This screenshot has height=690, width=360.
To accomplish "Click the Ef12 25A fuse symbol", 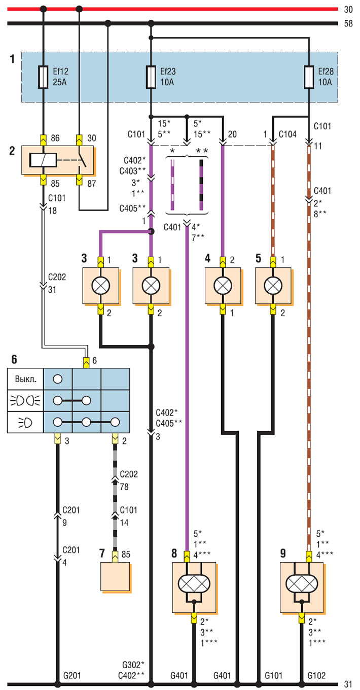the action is coord(43,77).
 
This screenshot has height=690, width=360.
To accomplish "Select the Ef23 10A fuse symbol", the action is coord(151,77).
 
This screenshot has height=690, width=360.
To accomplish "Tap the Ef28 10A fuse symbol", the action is coord(309,77).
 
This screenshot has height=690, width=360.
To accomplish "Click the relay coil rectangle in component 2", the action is coord(43,160).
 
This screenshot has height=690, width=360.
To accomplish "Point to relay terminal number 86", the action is coord(55,138).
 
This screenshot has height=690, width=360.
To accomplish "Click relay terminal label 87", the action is coord(91,184).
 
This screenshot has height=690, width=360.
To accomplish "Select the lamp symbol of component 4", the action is coord(223,286).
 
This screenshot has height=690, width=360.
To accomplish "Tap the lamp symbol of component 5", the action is coord(273,286).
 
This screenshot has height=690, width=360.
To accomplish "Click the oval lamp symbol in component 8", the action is coord(194,583).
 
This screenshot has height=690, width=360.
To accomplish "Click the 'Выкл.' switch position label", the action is coord(25,378).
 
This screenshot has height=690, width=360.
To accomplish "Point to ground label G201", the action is coord(72,675).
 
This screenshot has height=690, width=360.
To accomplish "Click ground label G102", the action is coord(316,675).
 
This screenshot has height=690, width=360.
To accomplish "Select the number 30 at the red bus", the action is coord(348,10).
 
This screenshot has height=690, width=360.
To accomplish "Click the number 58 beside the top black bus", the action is coord(348,23).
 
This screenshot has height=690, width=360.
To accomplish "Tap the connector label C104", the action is coord(287,134).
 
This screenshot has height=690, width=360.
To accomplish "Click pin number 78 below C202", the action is coord(124,487).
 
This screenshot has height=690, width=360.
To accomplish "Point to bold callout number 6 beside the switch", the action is coord(14,359).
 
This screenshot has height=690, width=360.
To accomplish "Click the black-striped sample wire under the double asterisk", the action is coord(201,185).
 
